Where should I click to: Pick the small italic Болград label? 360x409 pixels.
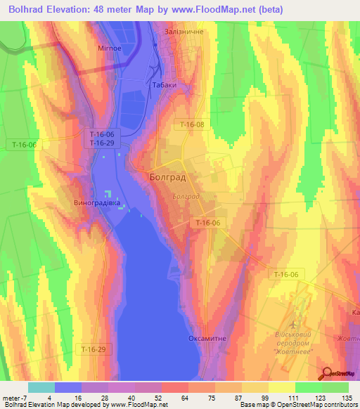click(x=186, y=197)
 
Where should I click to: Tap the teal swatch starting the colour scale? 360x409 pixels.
click(x=41, y=387)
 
